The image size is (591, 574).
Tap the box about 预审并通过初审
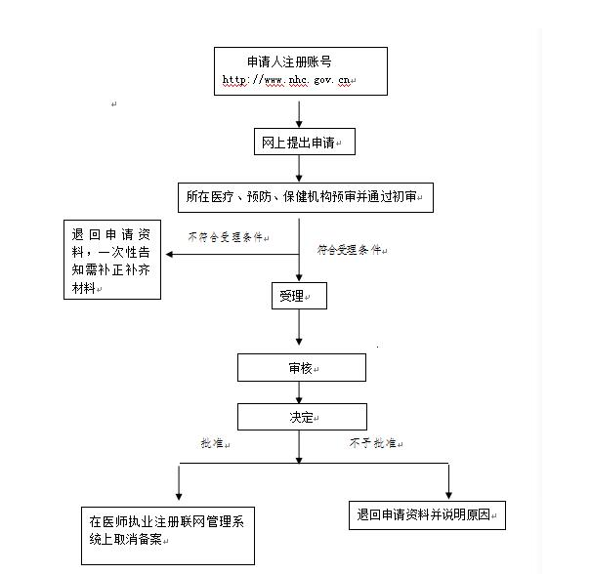[305, 196]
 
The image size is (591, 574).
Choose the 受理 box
[297, 295]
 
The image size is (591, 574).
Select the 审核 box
[301, 368]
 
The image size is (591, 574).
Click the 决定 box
[301, 417]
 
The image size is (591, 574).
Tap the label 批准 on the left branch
[212, 443]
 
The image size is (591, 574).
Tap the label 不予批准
[372, 443]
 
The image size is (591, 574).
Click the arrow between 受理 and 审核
[299, 332]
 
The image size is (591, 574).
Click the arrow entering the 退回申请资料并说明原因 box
[449, 482]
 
